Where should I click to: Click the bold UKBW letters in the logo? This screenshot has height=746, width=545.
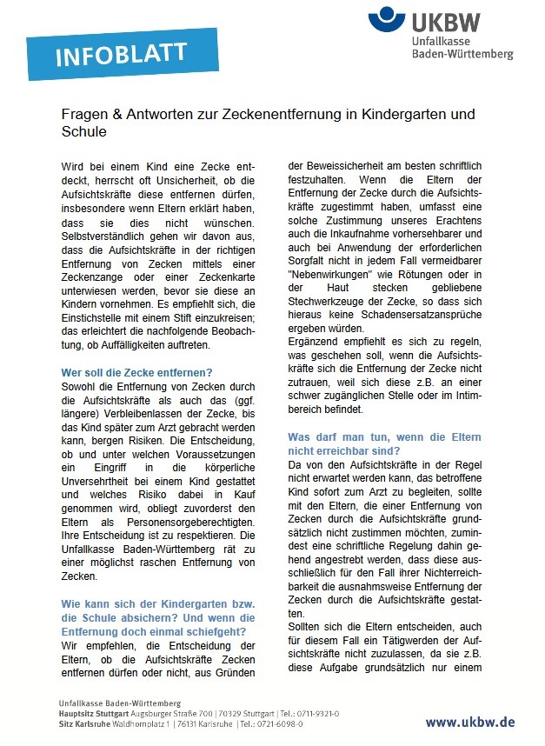pos(446,19)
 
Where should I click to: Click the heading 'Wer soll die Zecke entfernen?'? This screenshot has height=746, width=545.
pos(136,372)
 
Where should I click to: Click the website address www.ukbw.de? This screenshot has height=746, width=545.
pos(469,722)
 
